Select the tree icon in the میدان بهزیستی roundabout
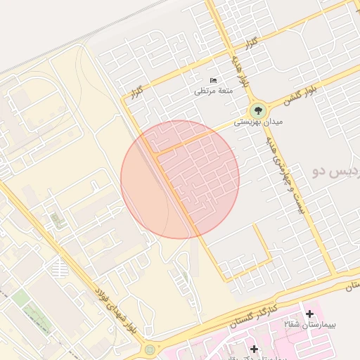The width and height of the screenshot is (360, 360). click(258, 110)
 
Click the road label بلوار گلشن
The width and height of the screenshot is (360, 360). click(300, 96)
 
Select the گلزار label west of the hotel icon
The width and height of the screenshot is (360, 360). click(137, 92)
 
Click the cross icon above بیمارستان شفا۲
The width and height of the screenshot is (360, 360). click(309, 313)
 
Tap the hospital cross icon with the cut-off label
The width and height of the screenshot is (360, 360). click(254, 347)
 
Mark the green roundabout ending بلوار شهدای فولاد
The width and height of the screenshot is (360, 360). click(149, 349)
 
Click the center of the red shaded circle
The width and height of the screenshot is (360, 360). click(180, 179)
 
